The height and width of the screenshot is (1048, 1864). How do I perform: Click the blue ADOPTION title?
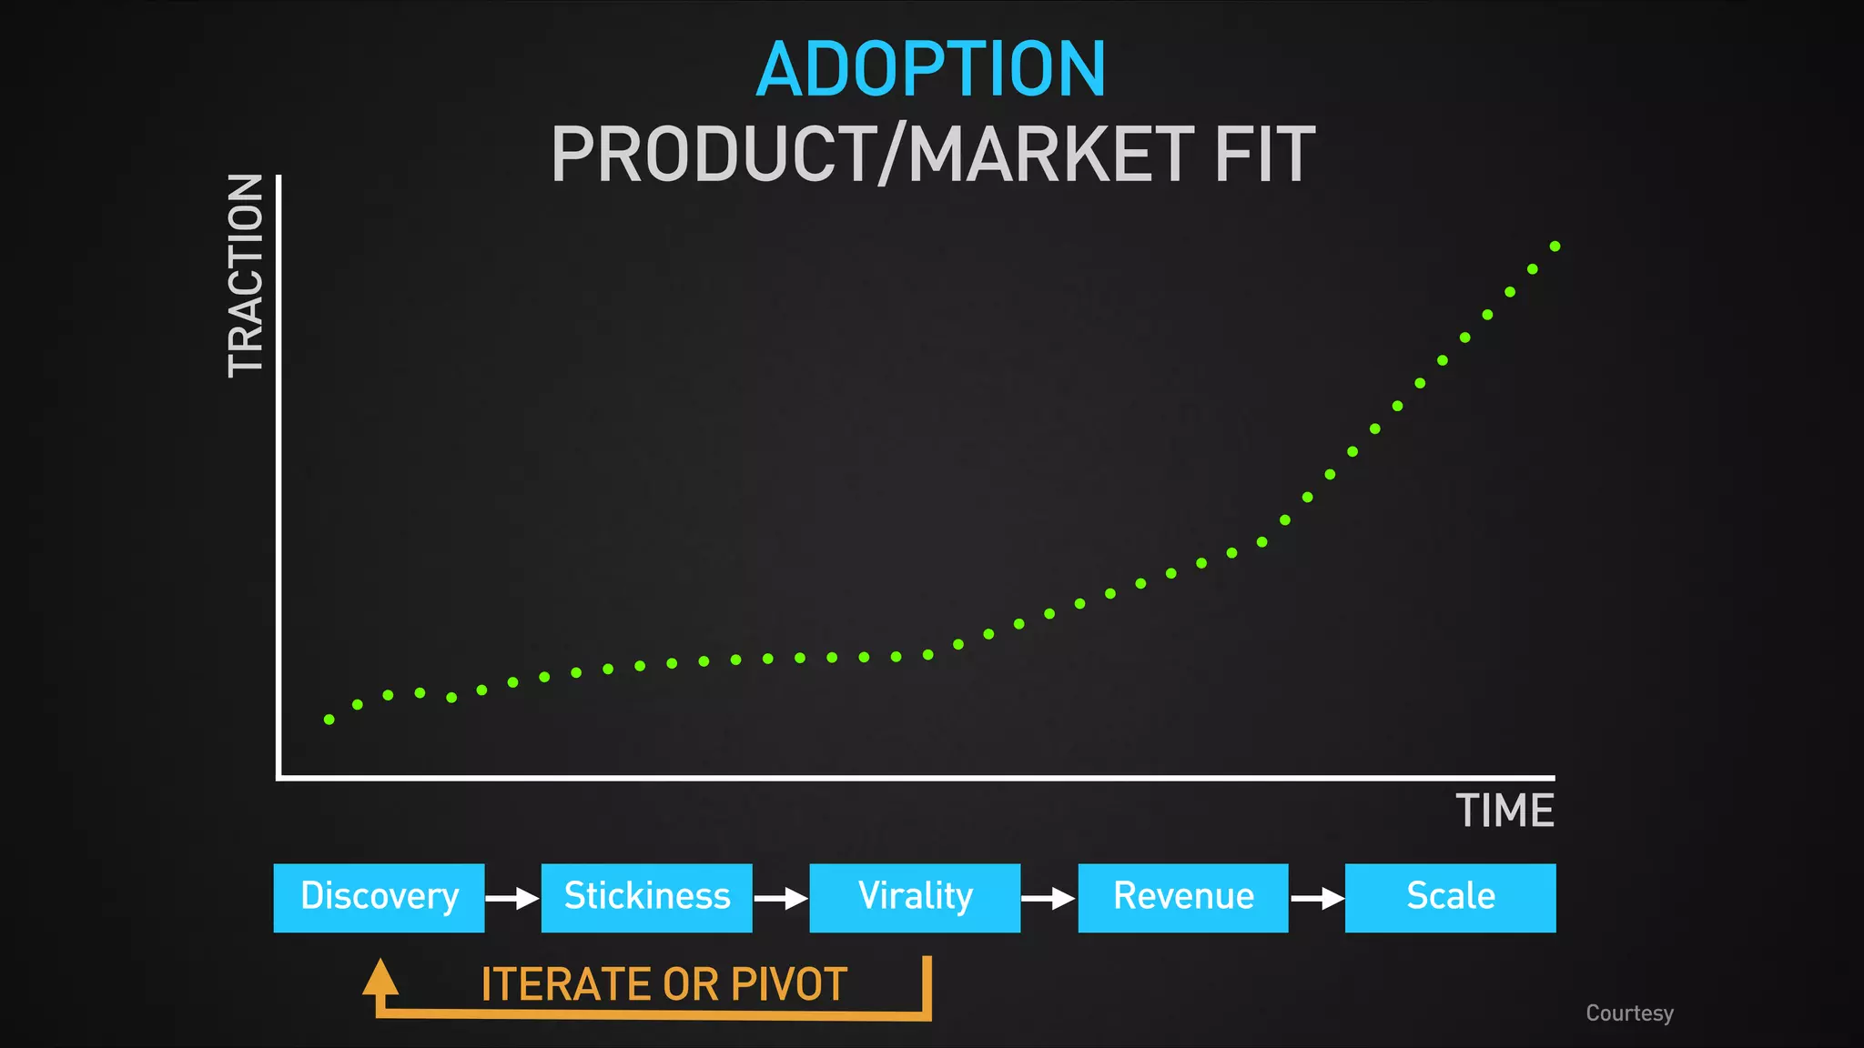pos(930,70)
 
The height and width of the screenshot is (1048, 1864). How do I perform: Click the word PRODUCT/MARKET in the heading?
pos(871,155)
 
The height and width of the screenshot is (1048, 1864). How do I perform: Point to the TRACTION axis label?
pos(246,276)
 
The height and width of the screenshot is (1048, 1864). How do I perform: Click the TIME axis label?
pos(1504,811)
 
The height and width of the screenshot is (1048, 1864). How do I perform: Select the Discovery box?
pos(379,897)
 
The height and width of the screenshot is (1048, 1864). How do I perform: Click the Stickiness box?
pos(646,897)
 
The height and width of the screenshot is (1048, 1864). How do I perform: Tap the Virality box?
pos(915,897)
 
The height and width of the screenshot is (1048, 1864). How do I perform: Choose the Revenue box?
pos(1182,897)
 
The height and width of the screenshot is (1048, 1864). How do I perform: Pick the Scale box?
pos(1450,897)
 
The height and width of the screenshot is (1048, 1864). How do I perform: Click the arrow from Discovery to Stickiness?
pos(512,899)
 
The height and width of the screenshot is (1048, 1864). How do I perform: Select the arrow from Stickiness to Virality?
pos(781,899)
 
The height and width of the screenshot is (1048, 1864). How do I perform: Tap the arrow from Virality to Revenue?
pos(1048,899)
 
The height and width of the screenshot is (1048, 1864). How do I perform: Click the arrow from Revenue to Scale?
pos(1317,899)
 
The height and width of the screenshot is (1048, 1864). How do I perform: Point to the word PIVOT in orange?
pos(789,984)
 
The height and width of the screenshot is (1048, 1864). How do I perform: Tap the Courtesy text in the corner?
pos(1629,1013)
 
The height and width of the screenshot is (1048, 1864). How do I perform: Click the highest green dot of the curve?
pos(1555,247)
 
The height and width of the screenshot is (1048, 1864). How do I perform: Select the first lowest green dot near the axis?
pos(329,720)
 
